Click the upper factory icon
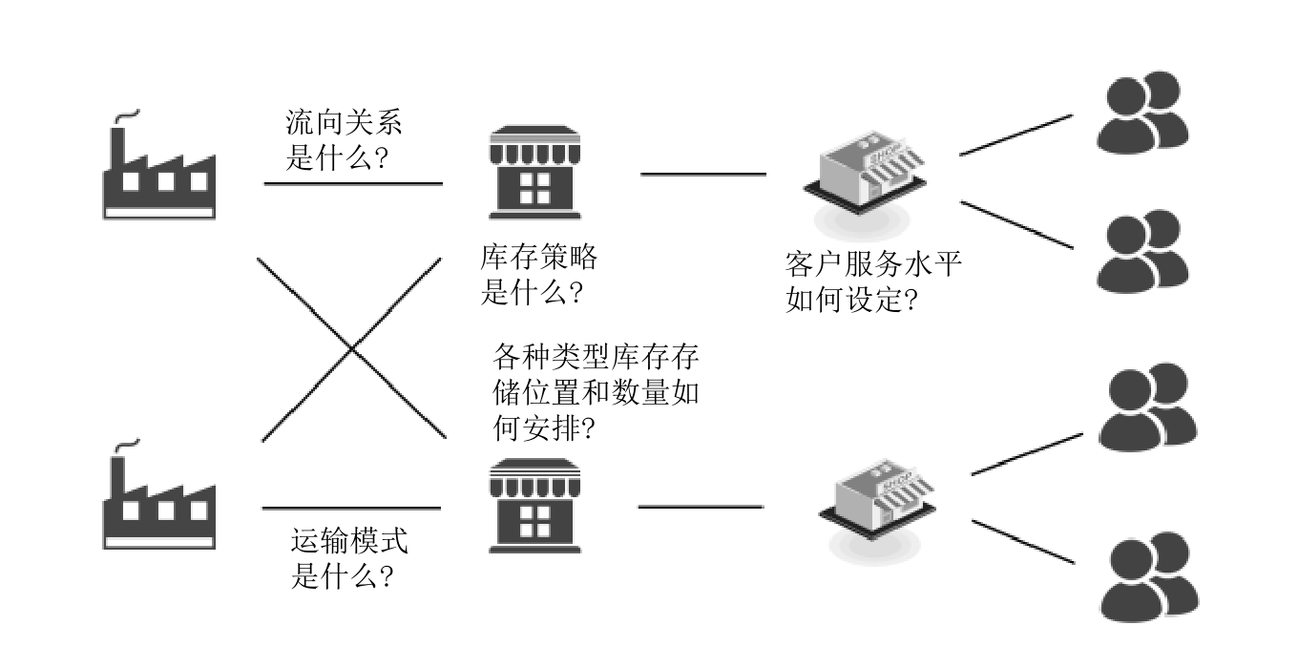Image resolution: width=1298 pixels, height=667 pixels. point(158,172)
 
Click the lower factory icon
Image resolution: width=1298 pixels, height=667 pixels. point(158,502)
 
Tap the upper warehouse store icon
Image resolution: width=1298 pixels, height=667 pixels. point(534,173)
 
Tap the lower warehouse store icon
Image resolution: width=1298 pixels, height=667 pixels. point(534,506)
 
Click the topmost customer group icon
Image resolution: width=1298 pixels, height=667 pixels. point(1141,113)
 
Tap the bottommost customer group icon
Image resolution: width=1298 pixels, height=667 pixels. point(1147,578)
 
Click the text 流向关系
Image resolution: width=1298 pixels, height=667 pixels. point(345,123)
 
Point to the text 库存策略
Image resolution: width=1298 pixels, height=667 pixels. point(539,258)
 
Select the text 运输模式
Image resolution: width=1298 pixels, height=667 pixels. point(348,544)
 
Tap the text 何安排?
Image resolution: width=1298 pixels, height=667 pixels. point(544,428)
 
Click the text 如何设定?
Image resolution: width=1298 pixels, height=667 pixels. point(852,301)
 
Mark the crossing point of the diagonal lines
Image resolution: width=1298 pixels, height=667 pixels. point(353,349)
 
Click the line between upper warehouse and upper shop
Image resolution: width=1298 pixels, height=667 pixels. point(702,175)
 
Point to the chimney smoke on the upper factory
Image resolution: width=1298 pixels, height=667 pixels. point(127,115)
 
